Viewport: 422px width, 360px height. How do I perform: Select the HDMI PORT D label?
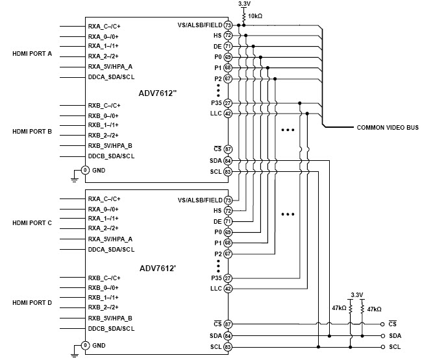pos(32,302)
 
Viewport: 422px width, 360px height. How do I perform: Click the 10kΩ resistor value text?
pos(256,15)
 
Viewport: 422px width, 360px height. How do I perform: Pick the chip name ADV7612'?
pos(157,267)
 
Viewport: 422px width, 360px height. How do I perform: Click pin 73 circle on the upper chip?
pos(229,25)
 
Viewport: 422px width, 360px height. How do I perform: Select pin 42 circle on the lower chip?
pos(229,288)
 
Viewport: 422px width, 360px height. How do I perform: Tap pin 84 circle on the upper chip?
pos(229,161)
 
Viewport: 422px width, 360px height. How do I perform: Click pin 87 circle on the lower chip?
pos(229,324)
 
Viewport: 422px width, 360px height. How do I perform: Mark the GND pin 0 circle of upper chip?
pos(84,171)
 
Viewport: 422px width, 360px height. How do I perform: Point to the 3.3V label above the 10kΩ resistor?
pos(244,4)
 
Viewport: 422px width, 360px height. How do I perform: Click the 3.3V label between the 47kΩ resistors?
pos(356,295)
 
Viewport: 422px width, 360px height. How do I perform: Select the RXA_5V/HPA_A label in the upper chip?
pos(110,67)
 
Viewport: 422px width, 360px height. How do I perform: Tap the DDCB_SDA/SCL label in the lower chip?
pos(111,330)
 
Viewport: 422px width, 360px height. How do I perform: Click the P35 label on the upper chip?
pos(217,103)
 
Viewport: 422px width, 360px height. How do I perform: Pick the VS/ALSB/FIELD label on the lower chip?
pos(200,200)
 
